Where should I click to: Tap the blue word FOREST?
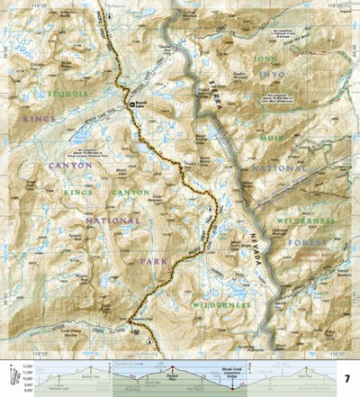319,240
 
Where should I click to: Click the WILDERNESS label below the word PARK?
220,305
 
